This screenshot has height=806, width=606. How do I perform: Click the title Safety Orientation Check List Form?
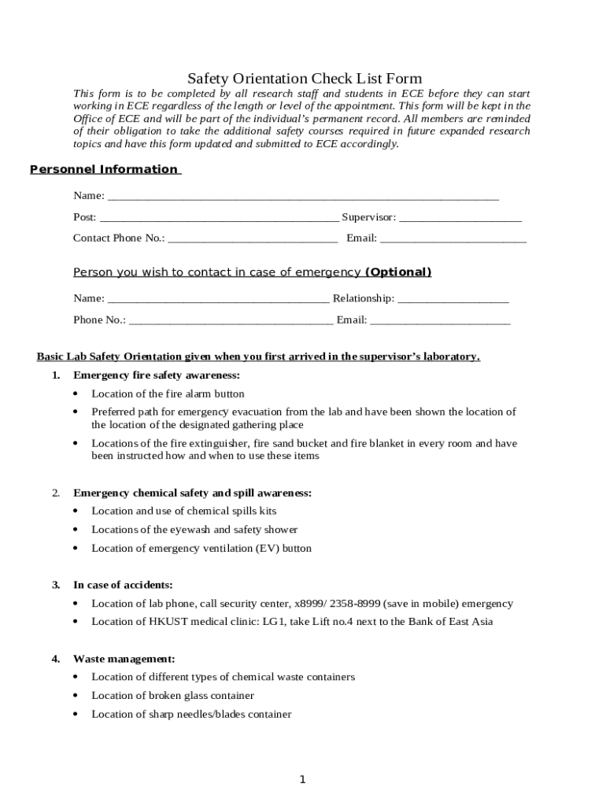305,79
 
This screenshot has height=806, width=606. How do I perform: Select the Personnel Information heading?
104,169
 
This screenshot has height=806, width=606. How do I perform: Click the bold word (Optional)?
398,272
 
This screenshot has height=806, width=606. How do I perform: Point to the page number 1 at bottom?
302,779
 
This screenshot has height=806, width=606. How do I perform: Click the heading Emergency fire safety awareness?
157,375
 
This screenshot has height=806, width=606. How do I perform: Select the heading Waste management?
124,659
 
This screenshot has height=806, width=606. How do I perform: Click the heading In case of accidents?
123,585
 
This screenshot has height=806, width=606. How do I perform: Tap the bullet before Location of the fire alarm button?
76,394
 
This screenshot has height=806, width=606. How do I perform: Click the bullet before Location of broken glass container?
76,696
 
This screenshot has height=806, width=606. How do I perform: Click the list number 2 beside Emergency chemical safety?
56,494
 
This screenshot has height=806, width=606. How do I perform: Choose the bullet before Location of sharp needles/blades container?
76,715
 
